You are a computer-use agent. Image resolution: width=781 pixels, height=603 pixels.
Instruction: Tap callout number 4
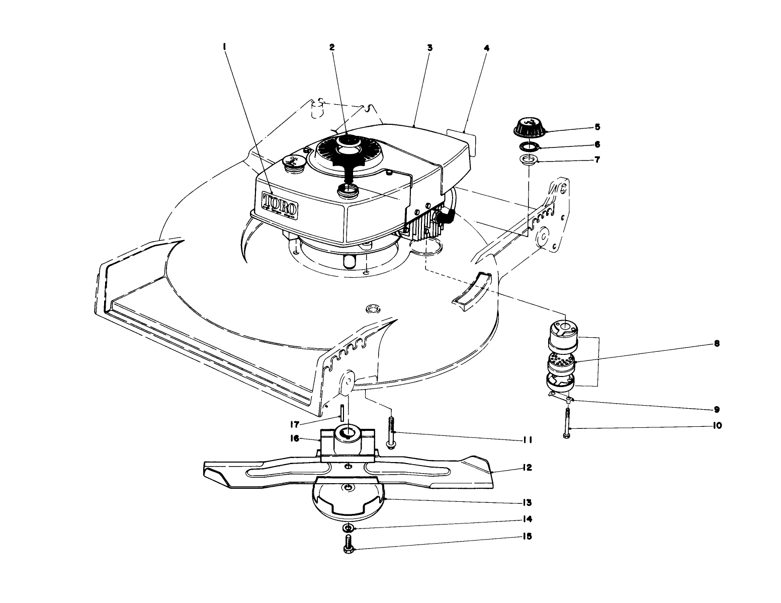[486, 48]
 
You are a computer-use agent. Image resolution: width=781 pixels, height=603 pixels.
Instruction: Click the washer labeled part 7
[529, 161]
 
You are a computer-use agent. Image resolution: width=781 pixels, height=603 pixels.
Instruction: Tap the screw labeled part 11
[391, 428]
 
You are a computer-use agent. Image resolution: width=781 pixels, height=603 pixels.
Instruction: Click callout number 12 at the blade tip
[526, 468]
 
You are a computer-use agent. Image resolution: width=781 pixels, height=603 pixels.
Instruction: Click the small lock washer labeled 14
[348, 528]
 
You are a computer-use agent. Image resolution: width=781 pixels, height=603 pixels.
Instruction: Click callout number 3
[429, 48]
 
